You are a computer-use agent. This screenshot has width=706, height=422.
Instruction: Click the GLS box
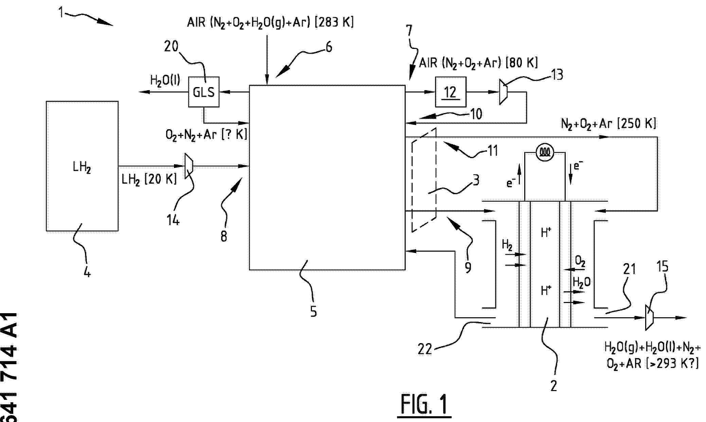(x=204, y=92)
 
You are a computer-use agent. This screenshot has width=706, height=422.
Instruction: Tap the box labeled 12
(x=451, y=92)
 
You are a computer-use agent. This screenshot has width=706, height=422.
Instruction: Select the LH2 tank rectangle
(x=82, y=166)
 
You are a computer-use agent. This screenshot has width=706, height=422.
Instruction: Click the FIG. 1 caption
(x=424, y=405)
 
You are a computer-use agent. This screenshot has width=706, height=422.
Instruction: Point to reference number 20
(x=171, y=46)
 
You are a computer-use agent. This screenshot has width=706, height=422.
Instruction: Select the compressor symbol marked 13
(x=503, y=92)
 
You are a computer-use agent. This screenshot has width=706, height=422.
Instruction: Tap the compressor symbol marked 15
(x=649, y=318)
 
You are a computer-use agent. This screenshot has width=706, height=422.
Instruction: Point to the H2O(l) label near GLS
(x=165, y=81)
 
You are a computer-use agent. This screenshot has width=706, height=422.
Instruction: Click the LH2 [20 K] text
(x=149, y=179)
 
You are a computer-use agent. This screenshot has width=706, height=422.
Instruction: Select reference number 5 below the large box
(x=313, y=311)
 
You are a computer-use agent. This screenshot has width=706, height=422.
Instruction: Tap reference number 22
(x=425, y=349)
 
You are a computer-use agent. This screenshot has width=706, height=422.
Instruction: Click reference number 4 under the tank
(x=87, y=272)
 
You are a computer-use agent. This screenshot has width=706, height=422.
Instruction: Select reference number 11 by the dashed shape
(x=492, y=151)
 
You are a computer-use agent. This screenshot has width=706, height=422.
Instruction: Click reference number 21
(x=629, y=269)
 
